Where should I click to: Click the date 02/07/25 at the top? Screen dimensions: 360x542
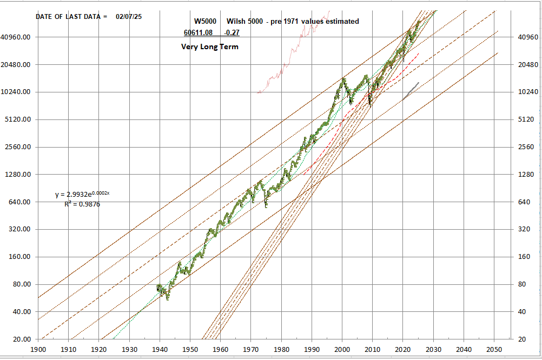click(x=129, y=16)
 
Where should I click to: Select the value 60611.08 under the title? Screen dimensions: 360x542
click(x=198, y=32)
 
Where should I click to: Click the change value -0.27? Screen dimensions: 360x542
click(x=232, y=32)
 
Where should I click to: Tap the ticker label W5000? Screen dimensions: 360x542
click(x=205, y=21)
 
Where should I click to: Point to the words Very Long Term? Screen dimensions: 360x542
click(x=209, y=46)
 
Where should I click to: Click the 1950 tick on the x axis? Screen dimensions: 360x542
click(x=190, y=350)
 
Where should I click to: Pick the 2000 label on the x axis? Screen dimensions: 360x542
click(x=342, y=350)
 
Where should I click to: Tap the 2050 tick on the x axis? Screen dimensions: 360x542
click(x=494, y=350)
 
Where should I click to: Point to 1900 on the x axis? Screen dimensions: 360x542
click(x=38, y=350)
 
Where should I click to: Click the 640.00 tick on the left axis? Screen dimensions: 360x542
click(x=20, y=202)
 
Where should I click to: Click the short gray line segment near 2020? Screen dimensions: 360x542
click(x=411, y=91)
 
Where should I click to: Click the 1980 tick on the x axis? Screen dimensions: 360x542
click(x=281, y=350)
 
